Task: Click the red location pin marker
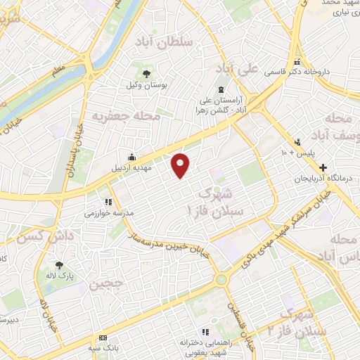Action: click(181, 165)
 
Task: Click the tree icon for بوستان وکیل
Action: click(146, 73)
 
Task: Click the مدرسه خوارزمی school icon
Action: click(108, 202)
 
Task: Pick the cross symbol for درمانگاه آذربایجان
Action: click(323, 168)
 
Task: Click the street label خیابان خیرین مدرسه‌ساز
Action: click(169, 245)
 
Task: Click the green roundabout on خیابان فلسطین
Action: click(222, 279)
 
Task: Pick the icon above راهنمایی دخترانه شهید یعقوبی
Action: click(205, 332)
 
